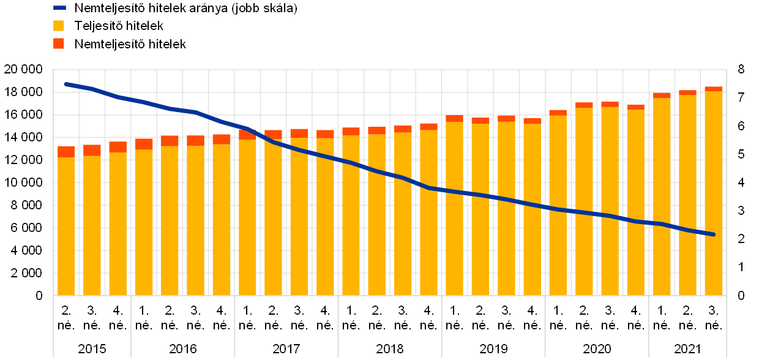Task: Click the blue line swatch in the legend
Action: pyautogui.click(x=59, y=8)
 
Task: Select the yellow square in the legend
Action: pyautogui.click(x=59, y=26)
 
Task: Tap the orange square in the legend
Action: pyautogui.click(x=59, y=43)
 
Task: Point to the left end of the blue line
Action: pyautogui.click(x=66, y=84)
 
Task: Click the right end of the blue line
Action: pyautogui.click(x=713, y=234)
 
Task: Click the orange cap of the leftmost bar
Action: pyautogui.click(x=66, y=152)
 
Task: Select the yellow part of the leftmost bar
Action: pyautogui.click(x=66, y=227)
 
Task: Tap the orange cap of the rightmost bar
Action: pyautogui.click(x=713, y=89)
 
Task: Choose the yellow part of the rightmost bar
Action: pyautogui.click(x=713, y=196)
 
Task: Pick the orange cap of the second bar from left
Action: pyautogui.click(x=92, y=150)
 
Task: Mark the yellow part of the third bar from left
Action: pyautogui.click(x=118, y=223)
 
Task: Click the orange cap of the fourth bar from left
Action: pyautogui.click(x=144, y=144)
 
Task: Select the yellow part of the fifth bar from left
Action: pyautogui.click(x=170, y=220)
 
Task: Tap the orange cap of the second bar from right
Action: pyautogui.click(x=687, y=92)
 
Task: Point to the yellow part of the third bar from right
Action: pyautogui.click(x=662, y=196)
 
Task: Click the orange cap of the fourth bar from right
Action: pyautogui.click(x=635, y=107)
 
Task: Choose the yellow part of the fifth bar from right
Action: pyautogui.click(x=610, y=202)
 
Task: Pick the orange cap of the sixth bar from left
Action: pyautogui.click(x=195, y=140)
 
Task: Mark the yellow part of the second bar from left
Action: pyautogui.click(x=92, y=227)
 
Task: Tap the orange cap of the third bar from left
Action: pyautogui.click(x=118, y=147)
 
